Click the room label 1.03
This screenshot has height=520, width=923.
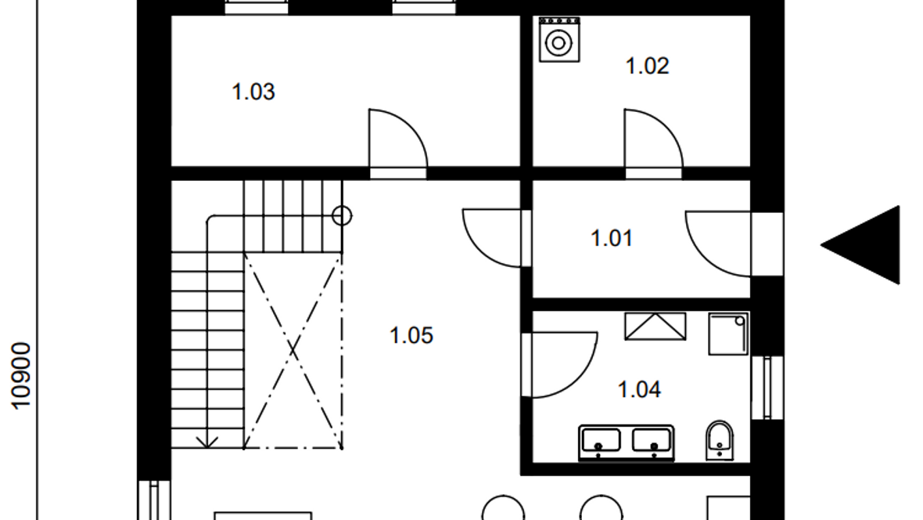[253, 92]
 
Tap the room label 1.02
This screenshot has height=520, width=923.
[647, 66]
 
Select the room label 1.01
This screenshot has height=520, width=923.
[612, 238]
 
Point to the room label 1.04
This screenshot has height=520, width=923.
[639, 390]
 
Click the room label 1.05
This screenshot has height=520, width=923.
[411, 335]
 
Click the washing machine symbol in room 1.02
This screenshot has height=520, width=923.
[559, 39]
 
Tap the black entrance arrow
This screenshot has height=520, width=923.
[860, 244]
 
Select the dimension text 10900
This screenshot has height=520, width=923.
[20, 376]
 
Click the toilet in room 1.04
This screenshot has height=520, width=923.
[720, 440]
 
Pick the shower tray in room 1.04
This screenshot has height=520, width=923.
[728, 334]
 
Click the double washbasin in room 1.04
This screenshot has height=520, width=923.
[627, 442]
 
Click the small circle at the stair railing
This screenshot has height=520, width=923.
[342, 216]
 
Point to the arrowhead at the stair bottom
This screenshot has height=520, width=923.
[207, 442]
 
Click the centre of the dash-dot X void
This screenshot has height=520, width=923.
[293, 351]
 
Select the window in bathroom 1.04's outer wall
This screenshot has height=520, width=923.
[767, 388]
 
